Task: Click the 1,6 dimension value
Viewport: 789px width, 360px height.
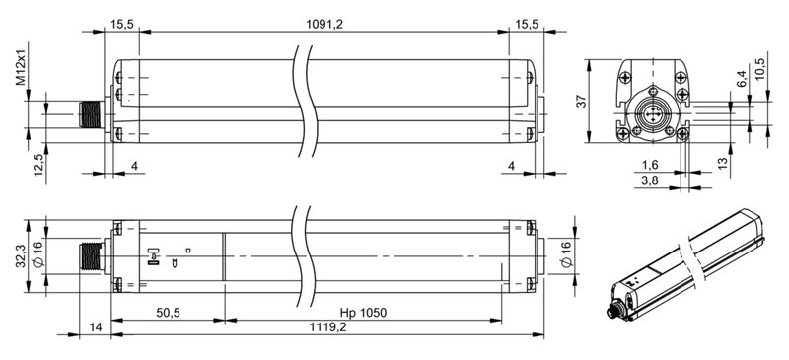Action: pos(651,165)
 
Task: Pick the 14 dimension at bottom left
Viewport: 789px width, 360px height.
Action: pos(95,326)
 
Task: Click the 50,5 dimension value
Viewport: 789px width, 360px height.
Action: pos(168,313)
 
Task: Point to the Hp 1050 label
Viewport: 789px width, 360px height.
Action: pos(363,313)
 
